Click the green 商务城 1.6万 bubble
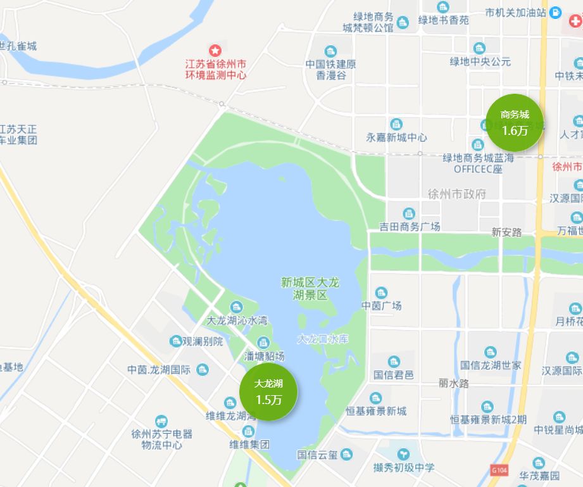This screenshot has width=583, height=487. (514, 123)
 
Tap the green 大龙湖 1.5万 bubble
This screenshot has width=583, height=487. (268, 391)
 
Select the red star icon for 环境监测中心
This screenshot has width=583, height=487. (215, 49)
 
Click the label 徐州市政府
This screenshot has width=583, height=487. (457, 194)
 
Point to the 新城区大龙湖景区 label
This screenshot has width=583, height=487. (310, 288)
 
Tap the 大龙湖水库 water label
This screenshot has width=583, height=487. (323, 339)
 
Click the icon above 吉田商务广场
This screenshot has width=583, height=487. (410, 213)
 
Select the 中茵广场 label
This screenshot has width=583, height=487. (382, 306)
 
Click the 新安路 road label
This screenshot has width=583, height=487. (506, 232)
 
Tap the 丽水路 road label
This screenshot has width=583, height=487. (454, 383)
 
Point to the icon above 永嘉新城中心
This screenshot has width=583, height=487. (396, 124)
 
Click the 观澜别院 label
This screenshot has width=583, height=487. (203, 341)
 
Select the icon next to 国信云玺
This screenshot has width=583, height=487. (346, 454)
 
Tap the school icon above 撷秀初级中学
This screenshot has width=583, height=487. (403, 454)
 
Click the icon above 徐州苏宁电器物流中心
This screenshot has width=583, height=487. (161, 421)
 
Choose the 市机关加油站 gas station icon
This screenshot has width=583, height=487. (555, 12)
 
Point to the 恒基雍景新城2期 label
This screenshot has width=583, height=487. (488, 419)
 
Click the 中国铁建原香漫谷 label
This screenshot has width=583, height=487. (330, 69)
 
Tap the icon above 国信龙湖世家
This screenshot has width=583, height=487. (491, 352)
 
